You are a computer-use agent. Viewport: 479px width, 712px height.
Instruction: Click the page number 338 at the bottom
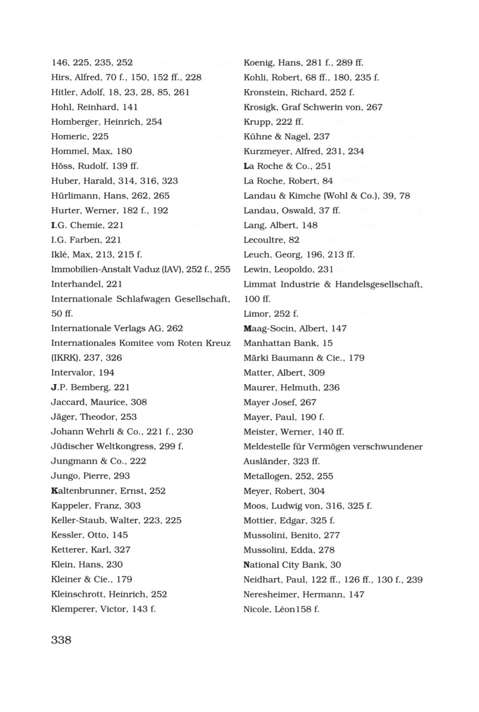click(61, 640)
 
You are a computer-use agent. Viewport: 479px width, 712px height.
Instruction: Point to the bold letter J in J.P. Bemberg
click(54, 387)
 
